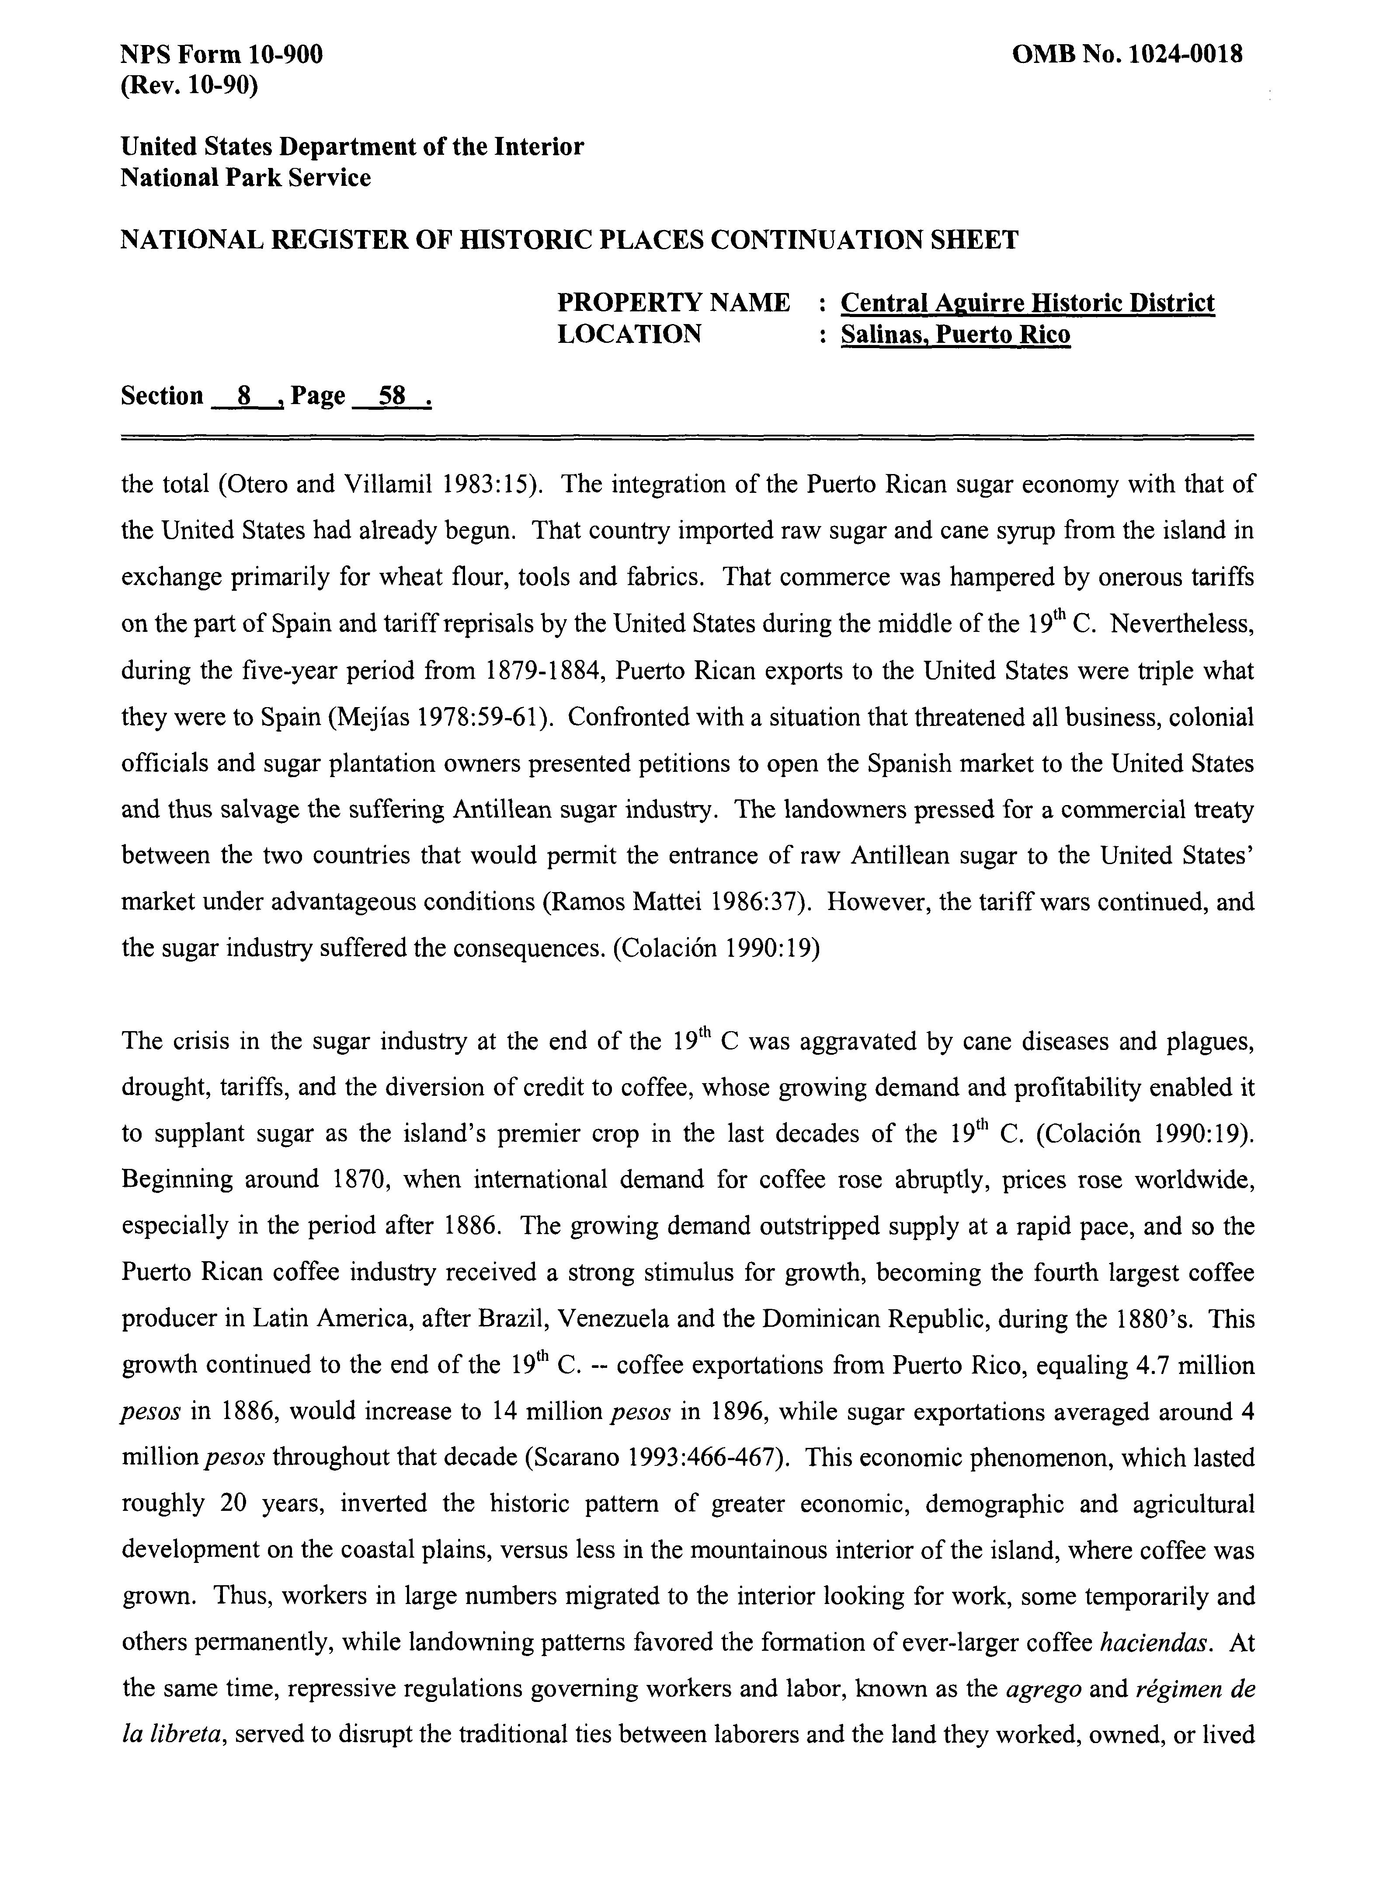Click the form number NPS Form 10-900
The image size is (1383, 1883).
pyautogui.click(x=222, y=55)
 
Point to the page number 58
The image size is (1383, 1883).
pyautogui.click(x=392, y=395)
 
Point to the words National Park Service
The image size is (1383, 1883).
pyautogui.click(x=246, y=178)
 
